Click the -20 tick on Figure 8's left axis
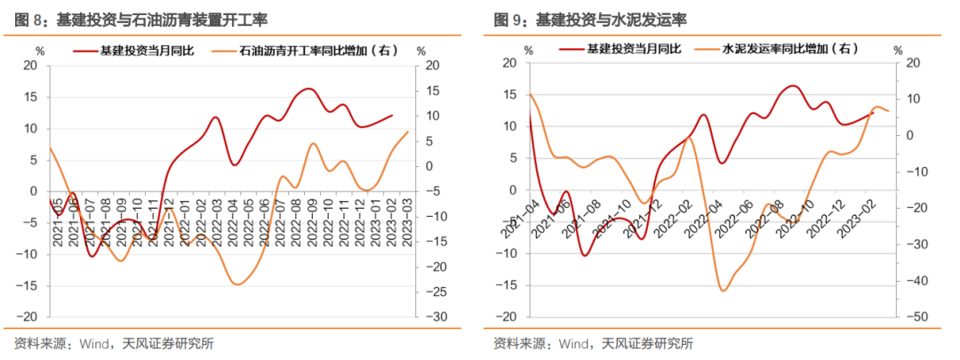pos(30,317)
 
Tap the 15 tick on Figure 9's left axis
pos(510,94)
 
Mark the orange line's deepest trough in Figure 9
pos(724,290)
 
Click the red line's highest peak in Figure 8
pos(308,89)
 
